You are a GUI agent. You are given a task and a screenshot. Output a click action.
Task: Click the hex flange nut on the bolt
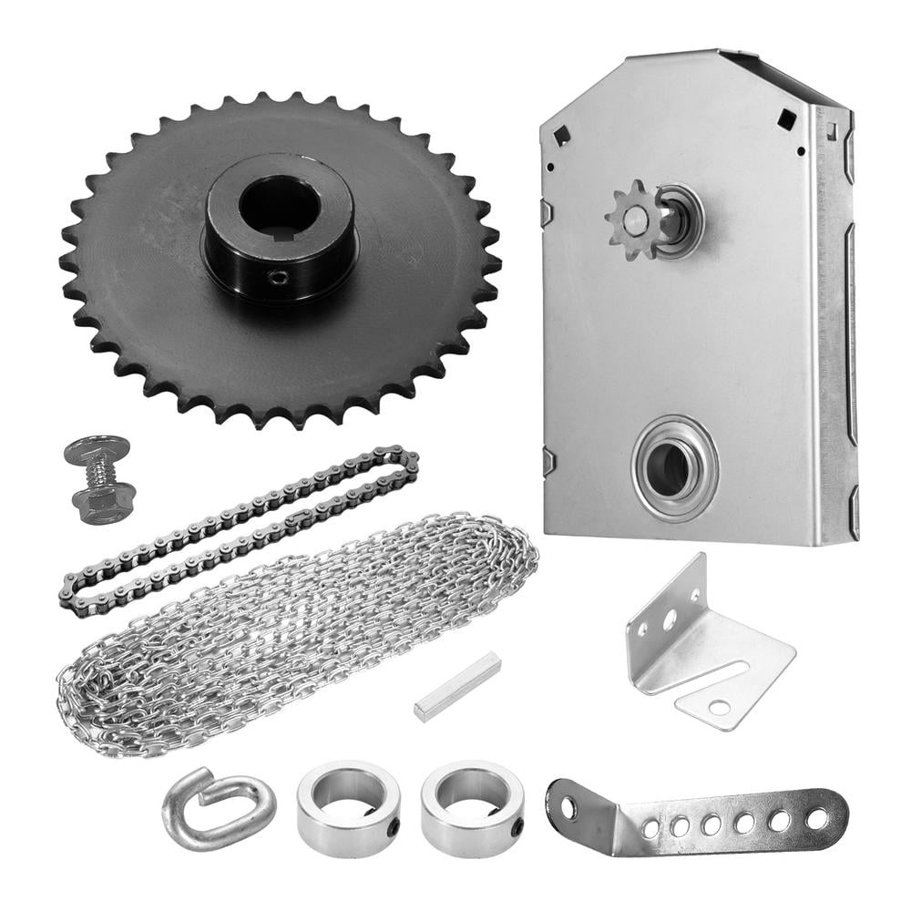[104, 496]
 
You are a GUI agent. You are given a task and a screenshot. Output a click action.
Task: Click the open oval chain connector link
[218, 806]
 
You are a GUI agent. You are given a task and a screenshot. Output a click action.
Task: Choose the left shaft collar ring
[348, 807]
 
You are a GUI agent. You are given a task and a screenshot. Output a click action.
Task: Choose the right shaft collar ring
[472, 807]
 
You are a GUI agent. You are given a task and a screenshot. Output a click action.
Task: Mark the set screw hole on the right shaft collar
[517, 828]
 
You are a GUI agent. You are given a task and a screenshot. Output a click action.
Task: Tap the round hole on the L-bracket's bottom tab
[720, 707]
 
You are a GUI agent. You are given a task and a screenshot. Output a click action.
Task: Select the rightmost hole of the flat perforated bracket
[817, 818]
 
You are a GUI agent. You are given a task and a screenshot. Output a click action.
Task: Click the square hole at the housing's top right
[784, 116]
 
